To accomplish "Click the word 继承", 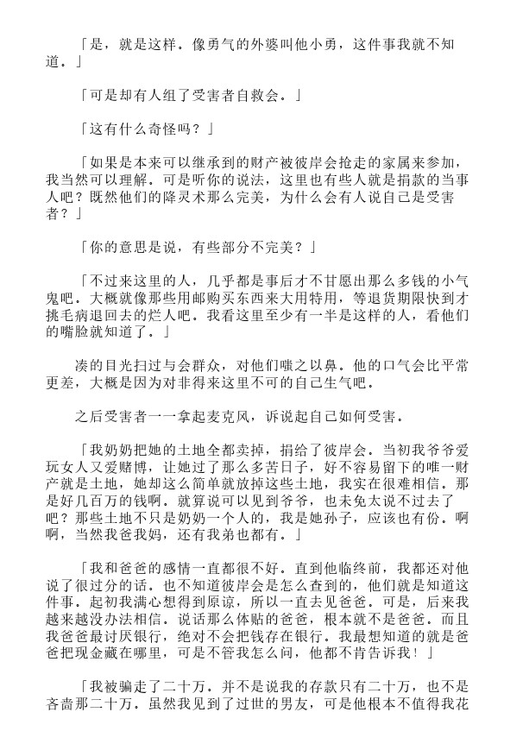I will point(211,163).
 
